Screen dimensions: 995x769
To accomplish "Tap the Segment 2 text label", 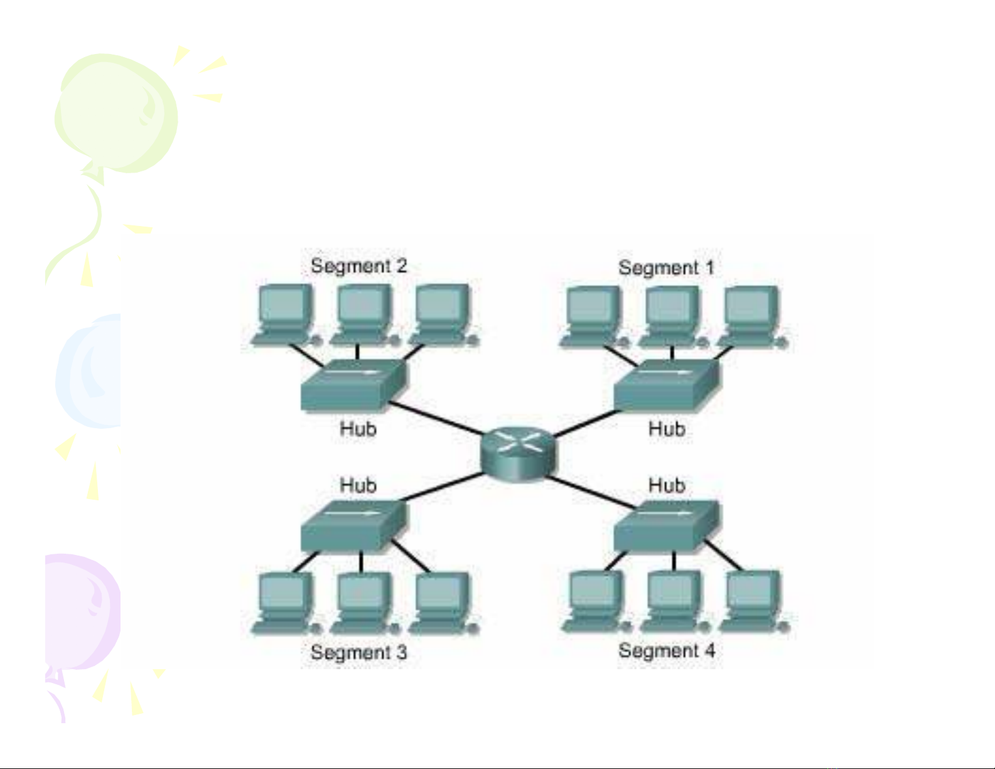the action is [x=359, y=266].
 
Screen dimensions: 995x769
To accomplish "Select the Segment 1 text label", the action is [x=666, y=268].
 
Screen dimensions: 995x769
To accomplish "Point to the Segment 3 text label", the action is [x=359, y=652].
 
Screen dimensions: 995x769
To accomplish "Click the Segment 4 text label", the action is [x=667, y=650].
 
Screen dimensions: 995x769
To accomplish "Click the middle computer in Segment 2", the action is [x=365, y=315].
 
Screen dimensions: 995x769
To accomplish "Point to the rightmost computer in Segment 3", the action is [x=443, y=603].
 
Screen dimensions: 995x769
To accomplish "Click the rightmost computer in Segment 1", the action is [x=753, y=316].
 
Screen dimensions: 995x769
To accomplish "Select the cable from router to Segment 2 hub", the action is [x=435, y=418].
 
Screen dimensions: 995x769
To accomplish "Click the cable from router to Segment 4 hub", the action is [x=591, y=493].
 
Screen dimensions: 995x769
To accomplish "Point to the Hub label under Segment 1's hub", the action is [x=667, y=429].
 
